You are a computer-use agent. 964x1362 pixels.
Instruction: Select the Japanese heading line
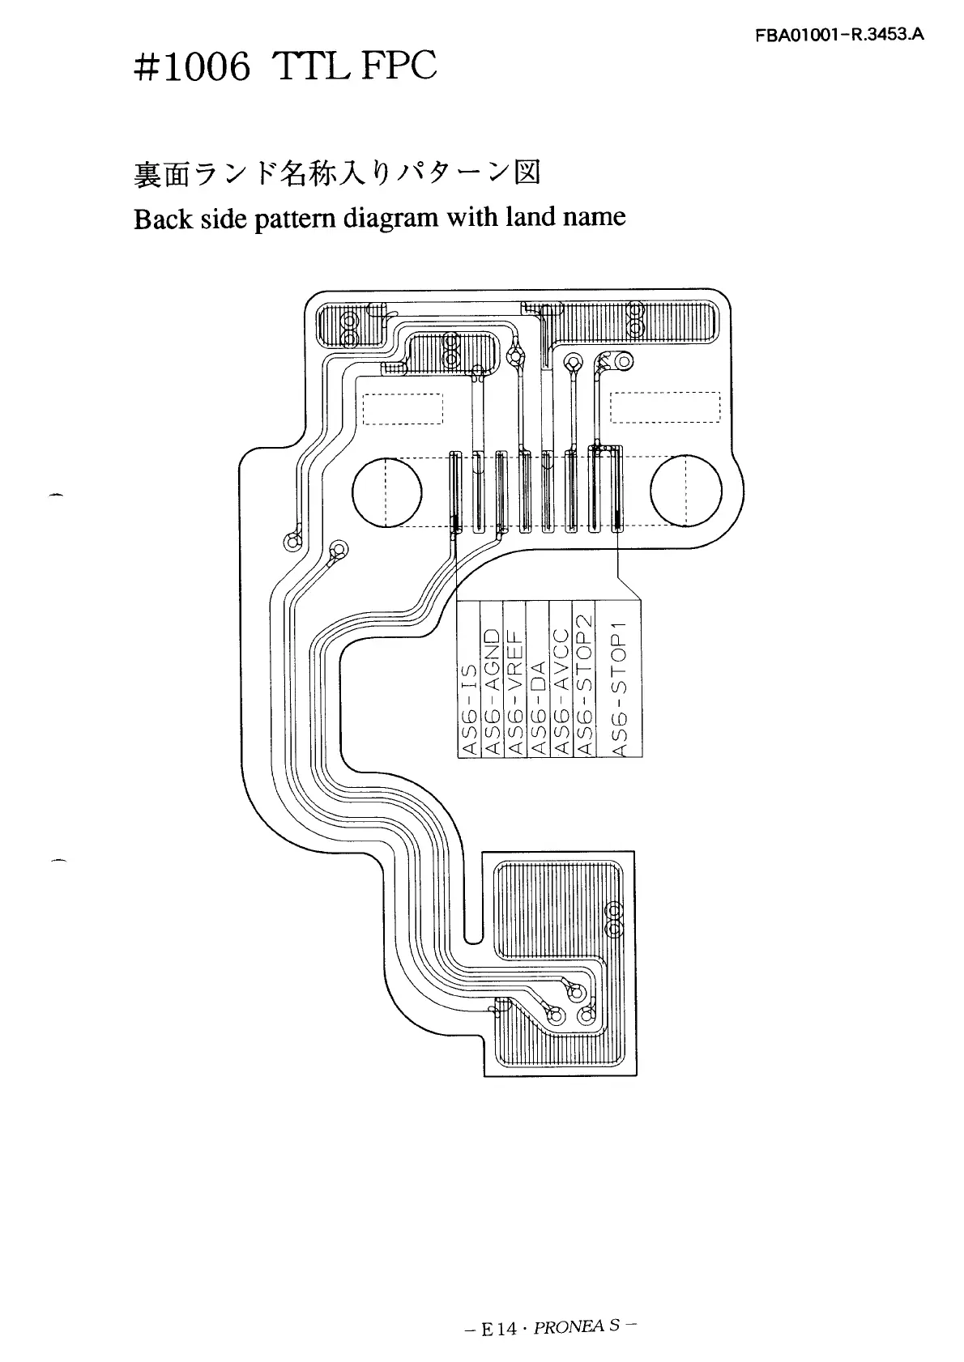[x=336, y=175]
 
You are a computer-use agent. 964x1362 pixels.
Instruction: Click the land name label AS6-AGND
[x=493, y=690]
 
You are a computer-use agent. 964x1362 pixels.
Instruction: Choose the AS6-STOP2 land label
[x=583, y=684]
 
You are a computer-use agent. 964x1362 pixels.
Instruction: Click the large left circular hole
[x=387, y=492]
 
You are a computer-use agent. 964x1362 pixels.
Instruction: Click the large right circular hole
[x=685, y=492]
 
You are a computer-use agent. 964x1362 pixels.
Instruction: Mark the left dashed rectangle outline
[x=403, y=408]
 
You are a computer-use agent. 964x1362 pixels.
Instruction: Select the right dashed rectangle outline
[x=665, y=406]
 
